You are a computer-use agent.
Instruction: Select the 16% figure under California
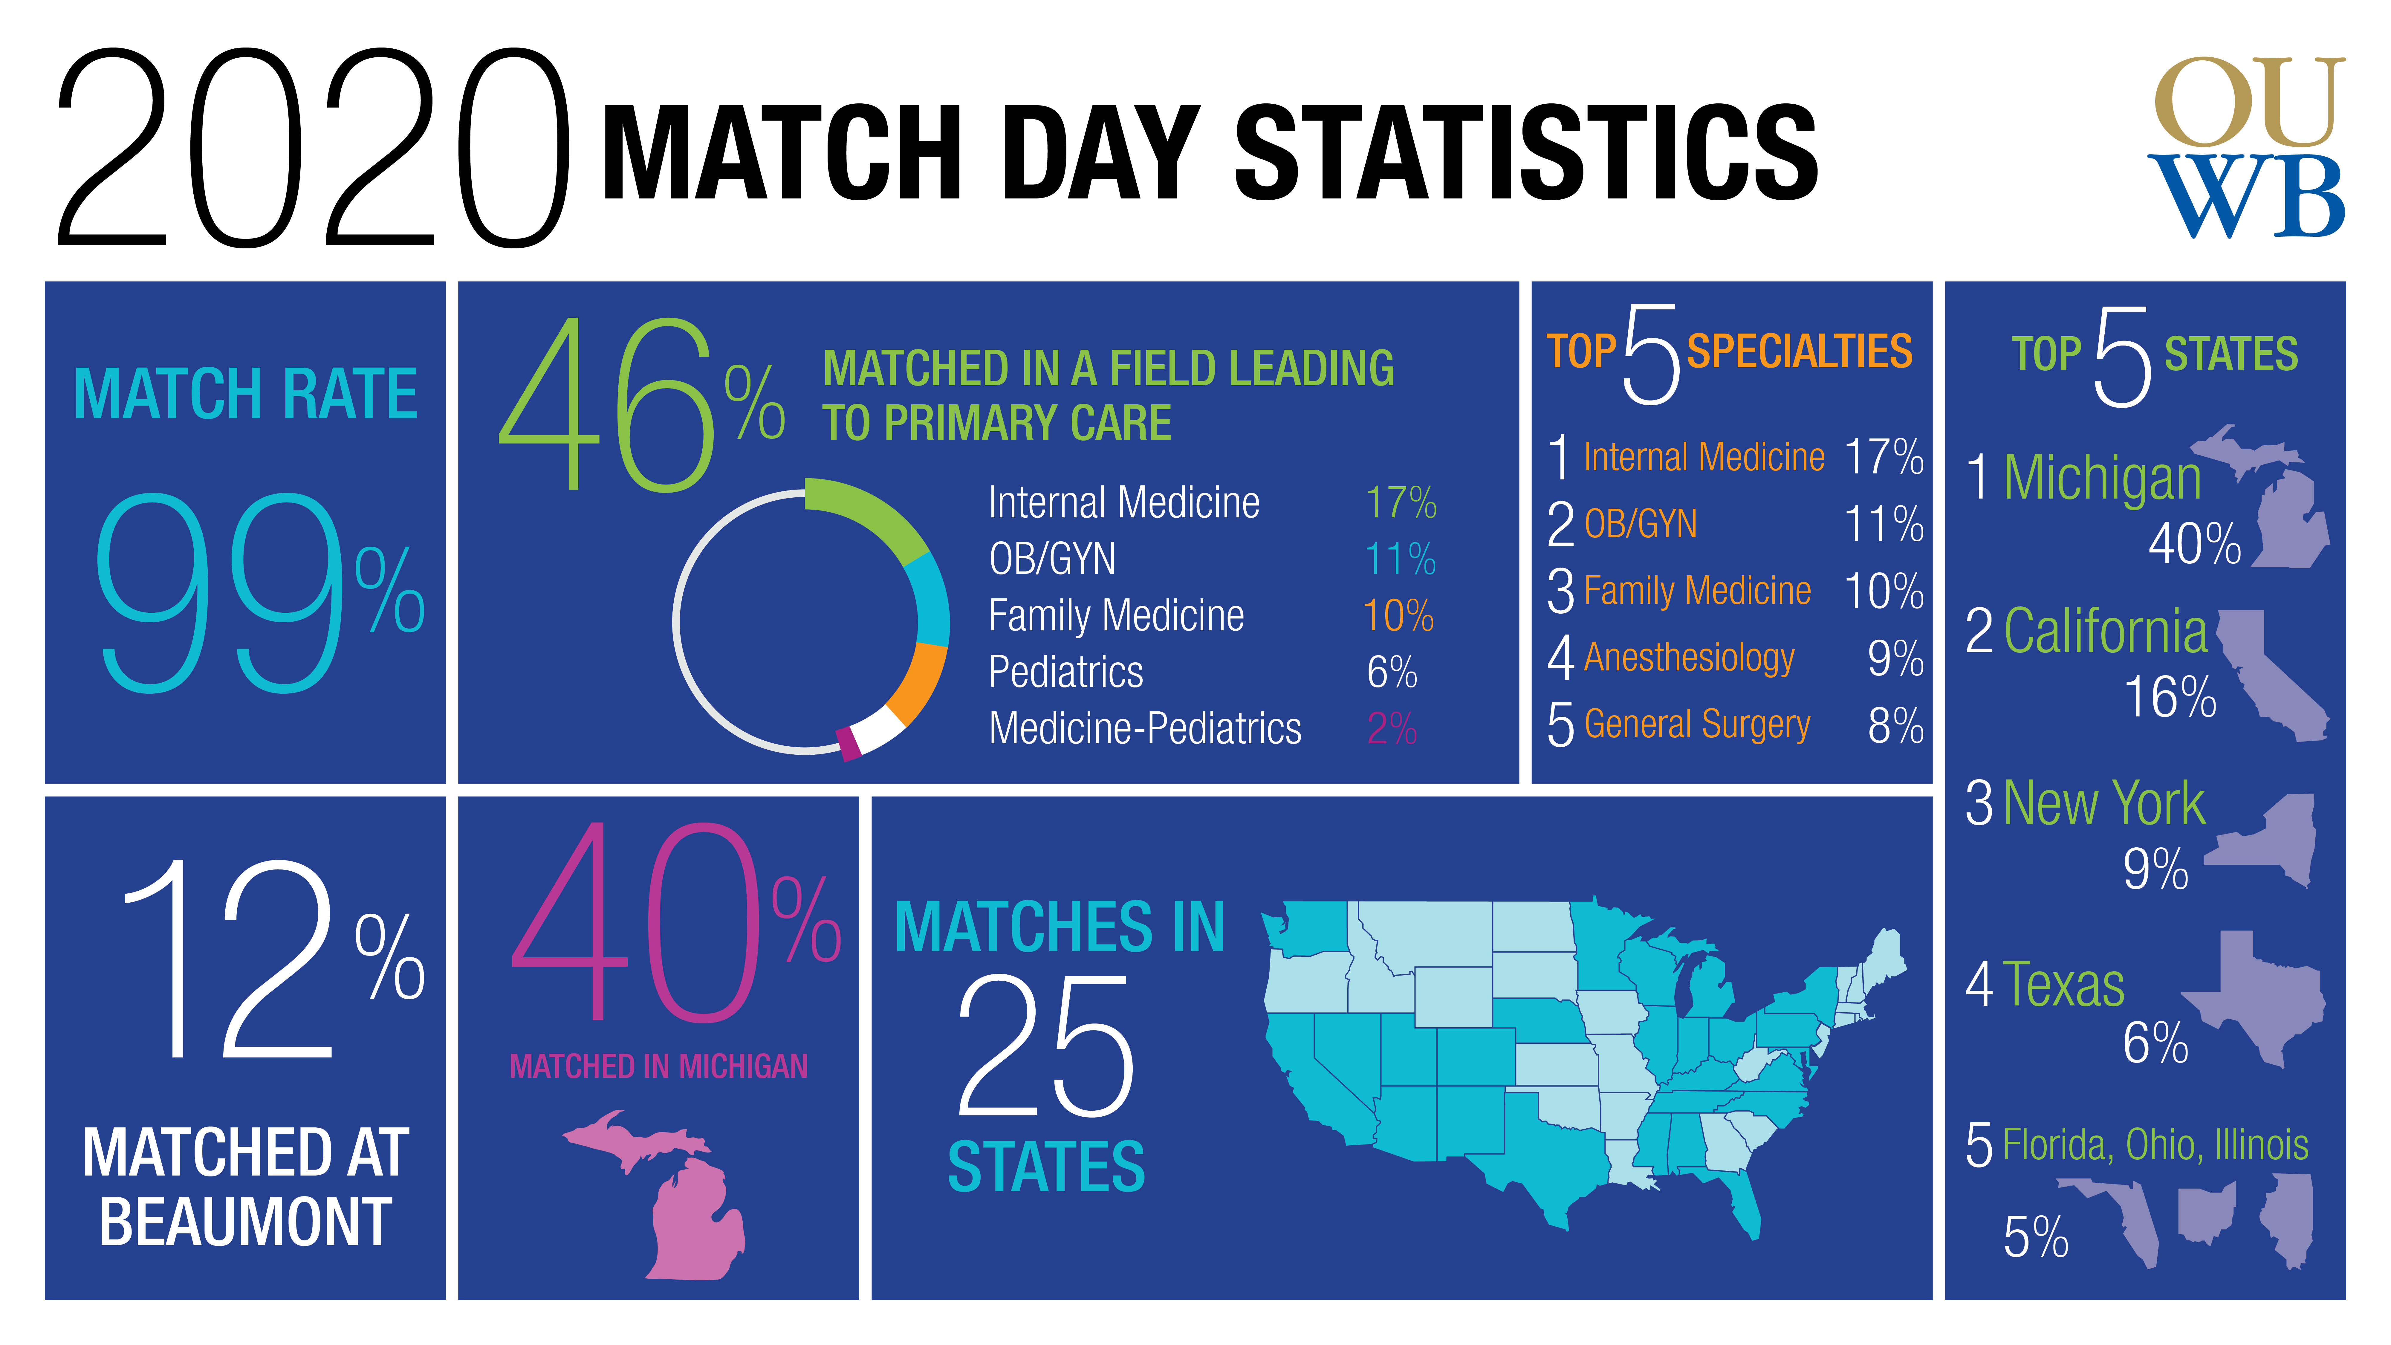pyautogui.click(x=2170, y=697)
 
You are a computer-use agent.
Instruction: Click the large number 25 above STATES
pyautogui.click(x=1046, y=1046)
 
